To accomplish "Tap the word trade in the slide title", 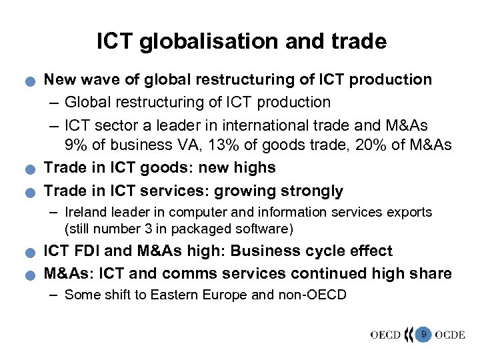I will tap(359, 42).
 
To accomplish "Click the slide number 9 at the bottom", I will tap(423, 333).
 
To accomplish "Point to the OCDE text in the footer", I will tap(449, 334).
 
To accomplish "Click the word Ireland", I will tap(87, 213).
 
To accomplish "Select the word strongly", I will tap(309, 191).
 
